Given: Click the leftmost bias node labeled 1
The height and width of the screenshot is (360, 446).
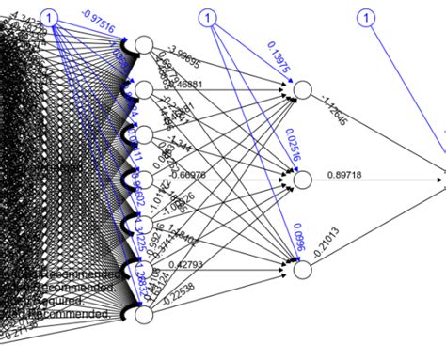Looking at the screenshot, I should pyautogui.click(x=51, y=17).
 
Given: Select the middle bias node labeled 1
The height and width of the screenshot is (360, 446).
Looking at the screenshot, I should pyautogui.click(x=209, y=17).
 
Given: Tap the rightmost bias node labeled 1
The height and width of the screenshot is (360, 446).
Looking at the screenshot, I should pyautogui.click(x=367, y=17).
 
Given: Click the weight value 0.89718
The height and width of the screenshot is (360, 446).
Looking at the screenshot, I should pyautogui.click(x=346, y=174).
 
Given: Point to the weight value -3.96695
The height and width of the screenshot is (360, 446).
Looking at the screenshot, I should pyautogui.click(x=183, y=55).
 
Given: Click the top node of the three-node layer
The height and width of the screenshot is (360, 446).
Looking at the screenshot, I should pyautogui.click(x=302, y=90).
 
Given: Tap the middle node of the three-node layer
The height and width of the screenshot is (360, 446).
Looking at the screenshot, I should pyautogui.click(x=302, y=180).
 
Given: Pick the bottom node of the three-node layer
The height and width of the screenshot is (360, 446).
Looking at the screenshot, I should pyautogui.click(x=302, y=270).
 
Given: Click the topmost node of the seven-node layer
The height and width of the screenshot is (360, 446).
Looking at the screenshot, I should pyautogui.click(x=144, y=45).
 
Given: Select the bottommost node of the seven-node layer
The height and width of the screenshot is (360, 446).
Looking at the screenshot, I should pyautogui.click(x=144, y=315).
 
